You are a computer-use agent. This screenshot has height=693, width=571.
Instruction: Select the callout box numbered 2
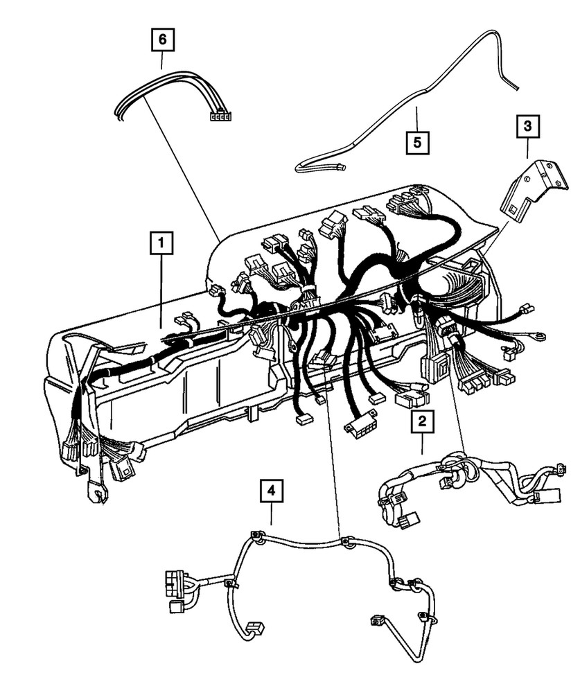[x=422, y=421]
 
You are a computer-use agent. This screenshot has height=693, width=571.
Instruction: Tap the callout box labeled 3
[x=527, y=127]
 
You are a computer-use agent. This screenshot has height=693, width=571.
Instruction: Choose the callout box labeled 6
[x=162, y=40]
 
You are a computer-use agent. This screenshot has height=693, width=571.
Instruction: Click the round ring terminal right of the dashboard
[x=536, y=337]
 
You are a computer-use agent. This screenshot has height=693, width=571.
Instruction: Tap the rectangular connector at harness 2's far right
[x=544, y=496]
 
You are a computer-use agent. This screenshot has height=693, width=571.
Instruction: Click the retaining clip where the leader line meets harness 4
[x=344, y=541]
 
